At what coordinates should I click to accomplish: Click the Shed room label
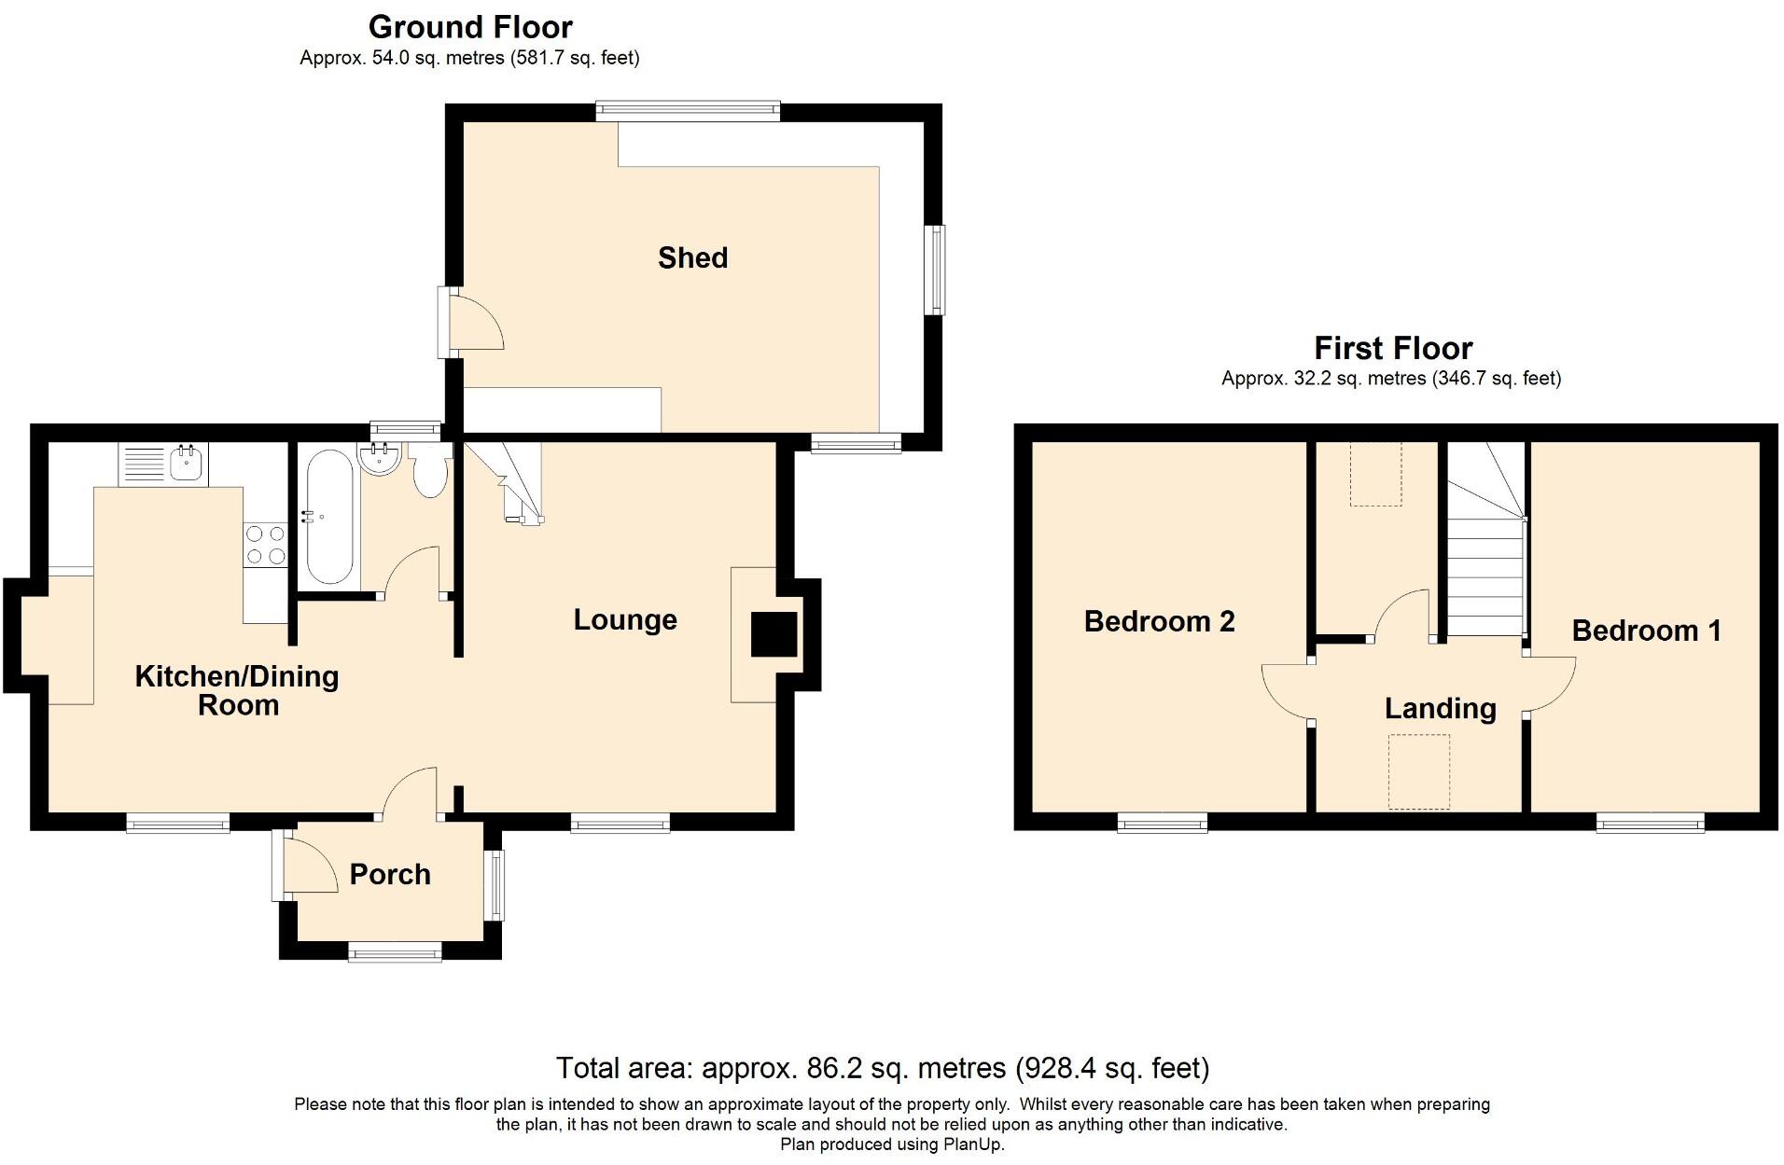[x=692, y=257]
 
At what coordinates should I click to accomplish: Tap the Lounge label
[x=625, y=620]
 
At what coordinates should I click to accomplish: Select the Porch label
[x=390, y=874]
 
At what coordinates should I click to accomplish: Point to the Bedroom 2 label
[x=1159, y=621]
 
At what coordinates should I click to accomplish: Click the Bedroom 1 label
[x=1647, y=631]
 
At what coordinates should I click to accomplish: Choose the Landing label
[x=1441, y=709]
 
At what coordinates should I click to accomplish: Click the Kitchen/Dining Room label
[x=237, y=690]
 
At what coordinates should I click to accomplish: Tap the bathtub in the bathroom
[x=328, y=517]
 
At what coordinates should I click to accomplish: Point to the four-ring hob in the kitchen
[x=264, y=545]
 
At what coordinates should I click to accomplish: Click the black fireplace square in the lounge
[x=774, y=634]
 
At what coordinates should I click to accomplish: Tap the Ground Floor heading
[x=470, y=27]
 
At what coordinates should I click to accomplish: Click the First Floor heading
[x=1393, y=348]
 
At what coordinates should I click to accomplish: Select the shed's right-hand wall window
[x=935, y=270]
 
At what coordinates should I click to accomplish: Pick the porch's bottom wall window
[x=396, y=950]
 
